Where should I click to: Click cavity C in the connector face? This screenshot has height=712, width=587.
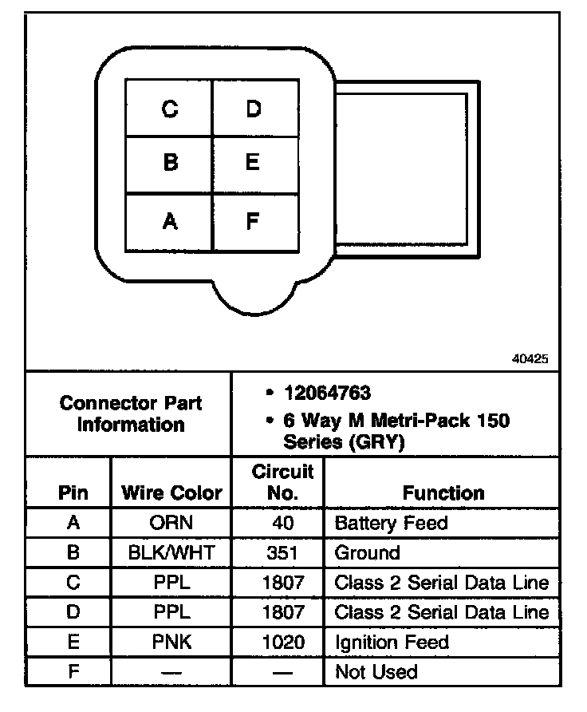[169, 109]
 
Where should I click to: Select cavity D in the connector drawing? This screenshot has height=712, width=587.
[253, 109]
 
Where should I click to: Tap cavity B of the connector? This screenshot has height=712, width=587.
[169, 163]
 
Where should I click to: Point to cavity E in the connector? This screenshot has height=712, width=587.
[253, 163]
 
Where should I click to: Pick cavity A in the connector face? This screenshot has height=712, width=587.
[169, 220]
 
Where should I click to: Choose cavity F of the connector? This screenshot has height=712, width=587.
[253, 220]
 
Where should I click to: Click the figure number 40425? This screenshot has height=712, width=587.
[530, 359]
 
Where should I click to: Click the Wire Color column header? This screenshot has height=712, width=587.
[171, 492]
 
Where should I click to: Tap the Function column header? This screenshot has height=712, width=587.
[443, 492]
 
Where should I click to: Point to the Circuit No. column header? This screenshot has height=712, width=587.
[282, 481]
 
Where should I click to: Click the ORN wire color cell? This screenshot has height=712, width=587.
[171, 524]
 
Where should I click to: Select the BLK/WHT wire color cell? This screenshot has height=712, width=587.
[171, 553]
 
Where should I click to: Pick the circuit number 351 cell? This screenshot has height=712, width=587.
[282, 553]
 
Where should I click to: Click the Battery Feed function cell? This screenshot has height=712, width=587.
[392, 524]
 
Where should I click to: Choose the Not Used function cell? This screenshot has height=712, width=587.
[376, 671]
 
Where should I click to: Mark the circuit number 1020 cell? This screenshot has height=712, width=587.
[282, 642]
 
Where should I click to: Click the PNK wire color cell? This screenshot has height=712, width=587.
[171, 642]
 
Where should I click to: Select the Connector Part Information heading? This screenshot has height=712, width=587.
[131, 413]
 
